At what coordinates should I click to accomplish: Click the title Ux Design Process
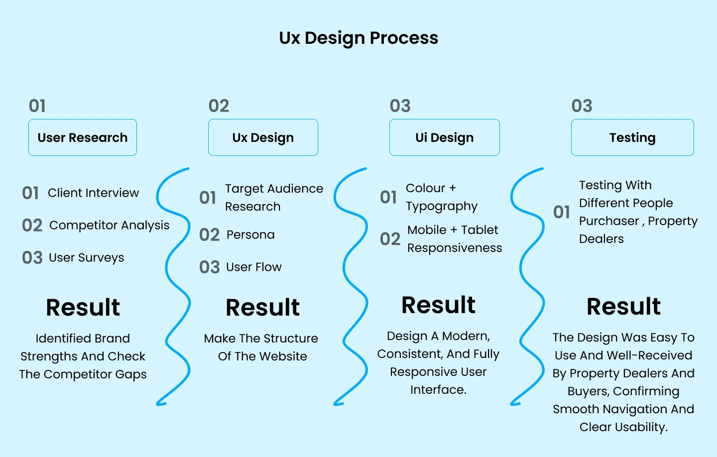point(358,38)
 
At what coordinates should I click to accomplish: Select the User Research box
point(83,137)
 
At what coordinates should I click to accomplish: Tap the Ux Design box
point(263,137)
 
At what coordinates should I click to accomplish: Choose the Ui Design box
point(444,137)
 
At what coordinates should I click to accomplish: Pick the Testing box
point(632,137)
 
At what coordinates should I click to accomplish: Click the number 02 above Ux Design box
point(219,106)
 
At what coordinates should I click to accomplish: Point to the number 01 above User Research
point(37,106)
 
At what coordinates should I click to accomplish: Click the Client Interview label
point(93,193)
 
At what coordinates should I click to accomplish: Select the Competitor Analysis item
point(109,225)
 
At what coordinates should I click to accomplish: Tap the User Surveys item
point(86,257)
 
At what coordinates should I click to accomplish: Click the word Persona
point(250,234)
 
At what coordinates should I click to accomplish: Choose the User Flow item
point(253,267)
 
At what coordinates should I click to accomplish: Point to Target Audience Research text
point(274,197)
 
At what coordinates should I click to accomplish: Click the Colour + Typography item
point(441,197)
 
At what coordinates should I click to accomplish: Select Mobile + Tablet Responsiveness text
point(454,238)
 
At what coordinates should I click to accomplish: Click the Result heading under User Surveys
point(83,307)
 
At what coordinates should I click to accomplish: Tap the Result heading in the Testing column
point(623,306)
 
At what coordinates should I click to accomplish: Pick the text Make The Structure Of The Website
point(261,347)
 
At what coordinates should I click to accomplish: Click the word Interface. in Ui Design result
point(438,389)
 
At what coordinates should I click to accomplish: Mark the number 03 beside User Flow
point(209,267)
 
